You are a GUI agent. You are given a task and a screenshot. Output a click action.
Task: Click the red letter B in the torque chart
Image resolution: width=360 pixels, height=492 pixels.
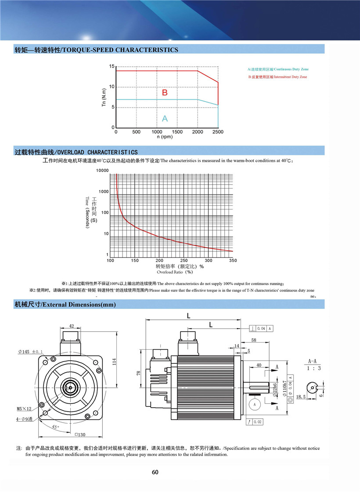(x=165, y=93)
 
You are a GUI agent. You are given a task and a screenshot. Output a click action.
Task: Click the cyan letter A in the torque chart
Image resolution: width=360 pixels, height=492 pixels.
(x=165, y=118)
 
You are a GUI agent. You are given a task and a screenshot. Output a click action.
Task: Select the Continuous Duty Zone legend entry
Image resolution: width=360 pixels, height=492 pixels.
(x=277, y=69)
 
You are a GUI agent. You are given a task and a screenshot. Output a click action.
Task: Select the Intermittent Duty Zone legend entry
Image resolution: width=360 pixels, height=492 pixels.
(x=277, y=77)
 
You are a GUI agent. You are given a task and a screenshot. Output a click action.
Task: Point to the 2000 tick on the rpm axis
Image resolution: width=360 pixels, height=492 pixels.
(x=198, y=132)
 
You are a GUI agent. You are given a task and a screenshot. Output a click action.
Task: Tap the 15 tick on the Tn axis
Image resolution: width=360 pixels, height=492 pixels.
(x=112, y=66)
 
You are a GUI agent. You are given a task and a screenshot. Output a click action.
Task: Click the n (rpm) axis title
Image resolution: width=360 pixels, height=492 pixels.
(x=165, y=137)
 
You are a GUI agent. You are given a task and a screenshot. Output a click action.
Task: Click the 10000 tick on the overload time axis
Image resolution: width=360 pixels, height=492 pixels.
(x=102, y=170)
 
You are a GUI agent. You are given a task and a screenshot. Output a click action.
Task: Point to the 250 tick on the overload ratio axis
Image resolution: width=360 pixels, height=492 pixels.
(x=184, y=260)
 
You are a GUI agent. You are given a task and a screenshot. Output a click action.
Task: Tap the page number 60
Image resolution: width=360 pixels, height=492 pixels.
(x=155, y=473)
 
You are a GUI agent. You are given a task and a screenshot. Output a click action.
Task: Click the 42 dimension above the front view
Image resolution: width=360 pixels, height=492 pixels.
(x=71, y=326)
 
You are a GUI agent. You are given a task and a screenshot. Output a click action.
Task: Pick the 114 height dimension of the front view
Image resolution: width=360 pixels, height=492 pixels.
(x=114, y=361)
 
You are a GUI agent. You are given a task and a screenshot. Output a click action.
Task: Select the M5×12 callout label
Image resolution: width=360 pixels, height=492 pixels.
(x=25, y=409)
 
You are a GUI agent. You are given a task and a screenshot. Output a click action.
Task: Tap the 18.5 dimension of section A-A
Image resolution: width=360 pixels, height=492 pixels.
(x=301, y=397)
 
